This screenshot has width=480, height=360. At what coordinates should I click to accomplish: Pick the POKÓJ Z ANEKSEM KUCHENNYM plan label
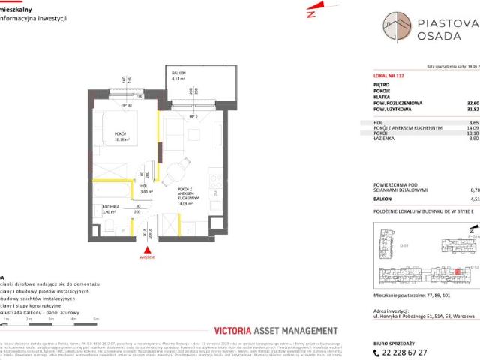[184, 195]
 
